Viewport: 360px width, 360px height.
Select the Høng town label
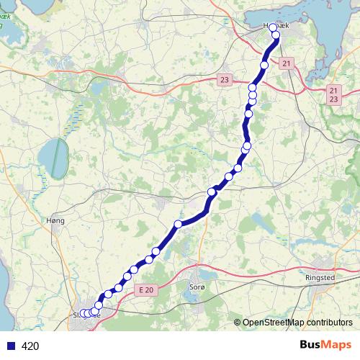pyautogui.click(x=55, y=220)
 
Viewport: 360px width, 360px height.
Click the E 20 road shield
pyautogui.click(x=145, y=288)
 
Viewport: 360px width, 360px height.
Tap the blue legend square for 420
pyautogui.click(x=10, y=346)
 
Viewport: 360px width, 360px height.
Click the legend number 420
pyautogui.click(x=31, y=346)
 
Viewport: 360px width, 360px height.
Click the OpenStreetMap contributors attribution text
pyautogui.click(x=297, y=322)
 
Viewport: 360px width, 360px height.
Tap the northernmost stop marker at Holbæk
pyautogui.click(x=273, y=27)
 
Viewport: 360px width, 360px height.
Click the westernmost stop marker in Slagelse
pyautogui.click(x=83, y=313)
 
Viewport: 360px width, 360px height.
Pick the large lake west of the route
pyautogui.click(x=53, y=153)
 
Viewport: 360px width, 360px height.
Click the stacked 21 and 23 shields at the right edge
pyautogui.click(x=333, y=94)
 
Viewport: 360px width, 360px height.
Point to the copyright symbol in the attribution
pyautogui.click(x=238, y=322)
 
